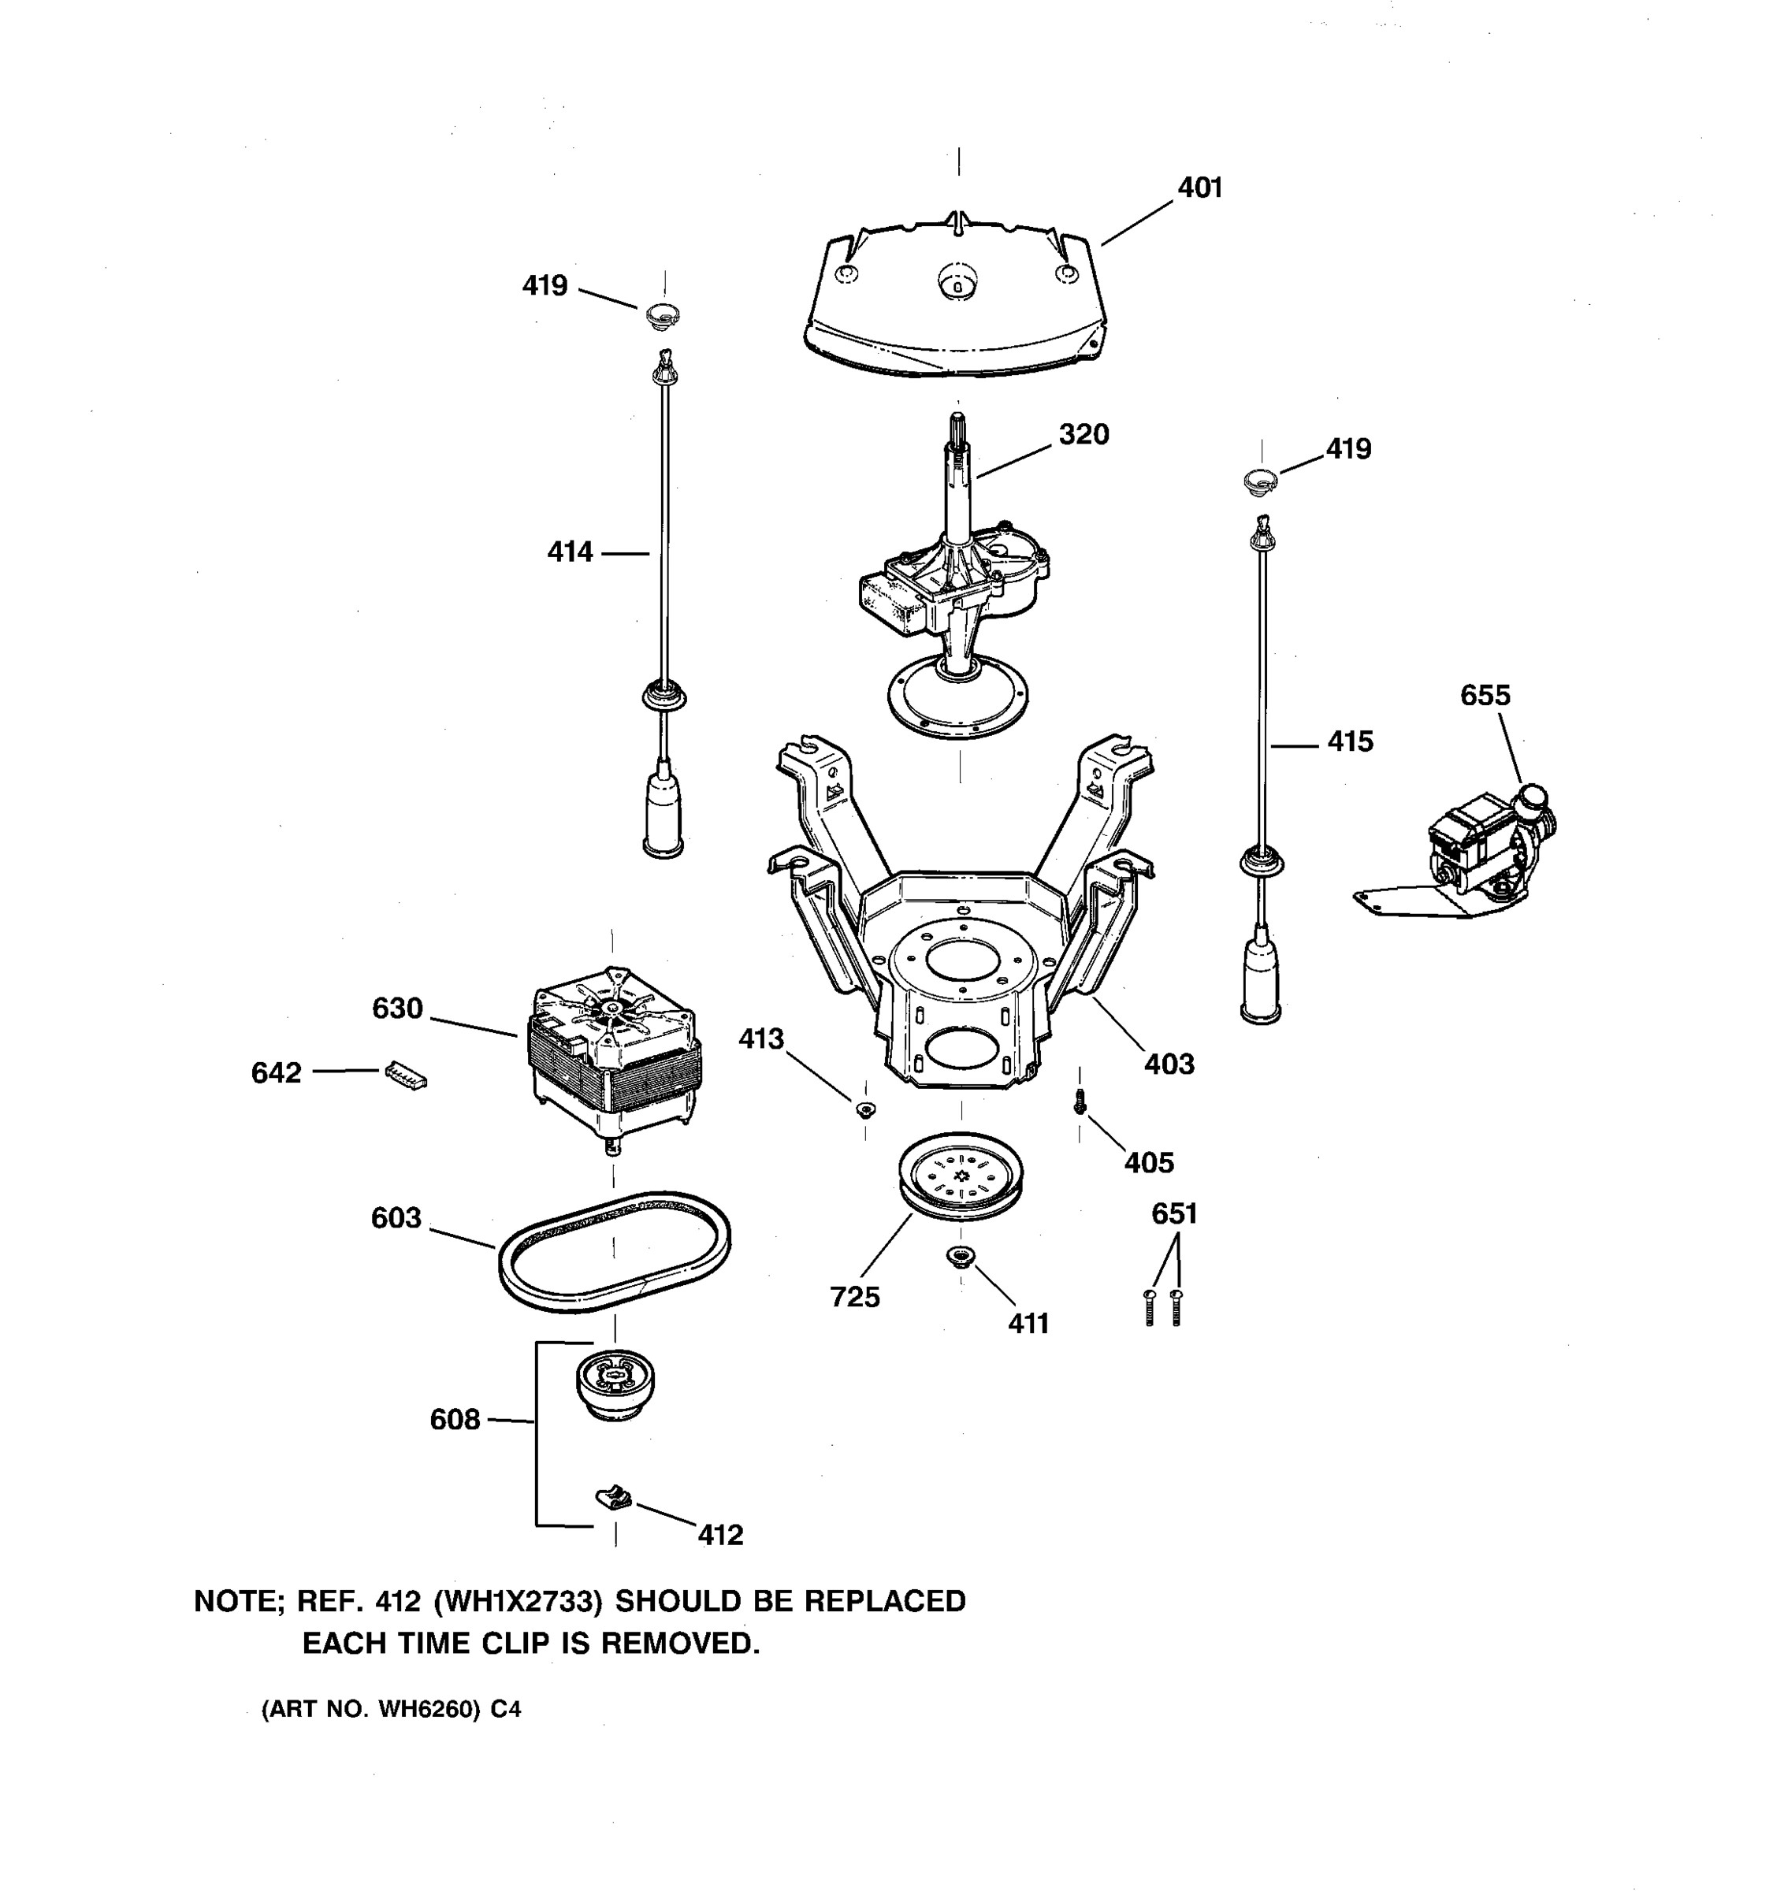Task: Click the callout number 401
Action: (1199, 188)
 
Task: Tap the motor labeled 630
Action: (614, 1051)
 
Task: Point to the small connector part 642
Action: (406, 1075)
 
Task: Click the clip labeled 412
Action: (615, 1498)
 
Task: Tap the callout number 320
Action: (1083, 435)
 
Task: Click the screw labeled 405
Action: (1080, 1102)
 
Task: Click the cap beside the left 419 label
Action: (663, 315)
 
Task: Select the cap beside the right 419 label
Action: (1260, 481)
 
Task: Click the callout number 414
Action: (569, 552)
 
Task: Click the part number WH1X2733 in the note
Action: (518, 1602)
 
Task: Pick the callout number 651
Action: (1174, 1213)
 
